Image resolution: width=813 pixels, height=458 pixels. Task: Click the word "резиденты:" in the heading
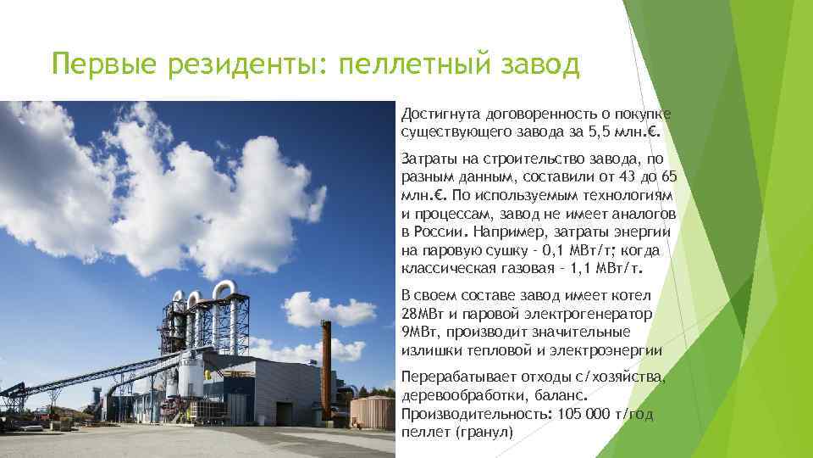(x=243, y=64)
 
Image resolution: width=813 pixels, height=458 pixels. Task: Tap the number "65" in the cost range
(x=669, y=177)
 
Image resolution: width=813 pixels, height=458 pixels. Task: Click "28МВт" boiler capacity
(x=423, y=314)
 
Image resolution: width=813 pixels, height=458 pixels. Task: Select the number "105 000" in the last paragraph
(x=584, y=414)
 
